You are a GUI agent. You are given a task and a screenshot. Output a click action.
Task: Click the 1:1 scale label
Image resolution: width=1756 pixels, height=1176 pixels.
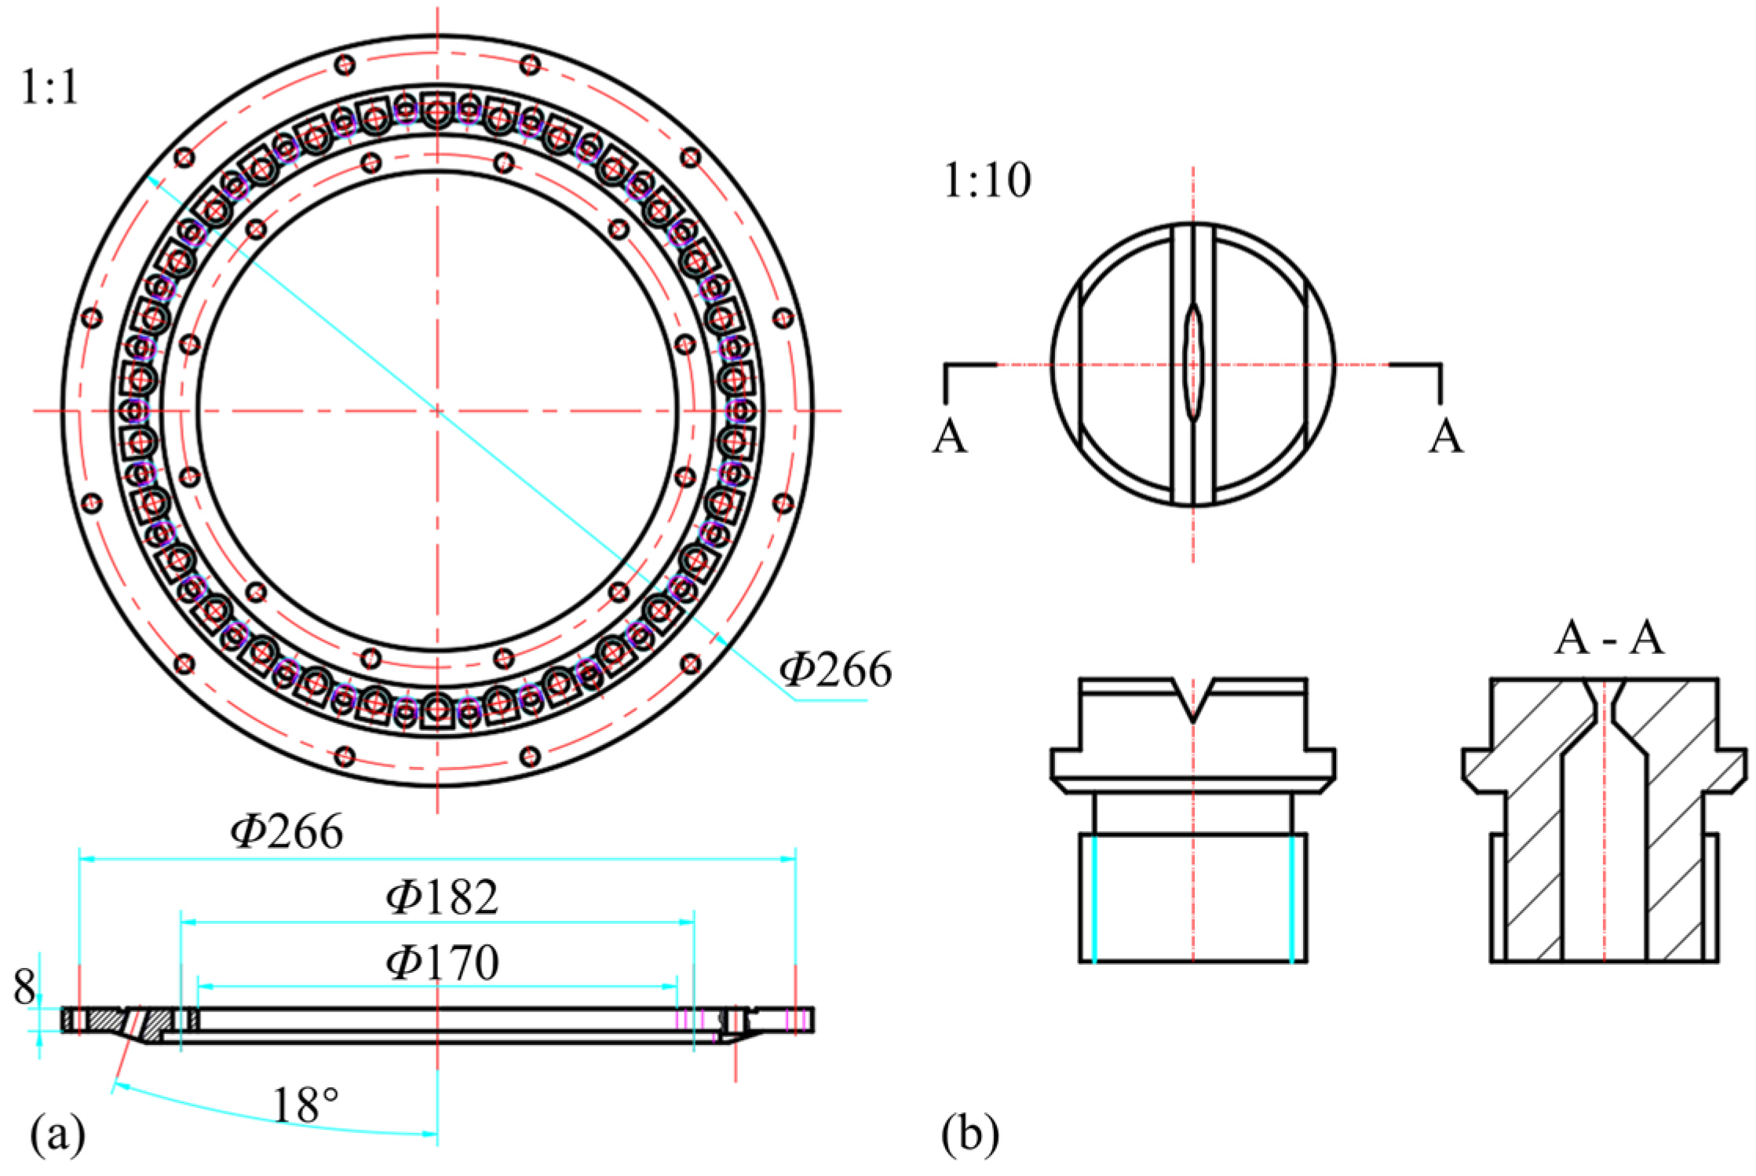coord(49,87)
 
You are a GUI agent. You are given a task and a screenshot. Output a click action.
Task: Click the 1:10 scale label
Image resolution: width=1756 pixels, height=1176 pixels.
coord(987,181)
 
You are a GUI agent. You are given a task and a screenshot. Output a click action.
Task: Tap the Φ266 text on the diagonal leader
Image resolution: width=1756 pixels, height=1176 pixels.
coord(836,670)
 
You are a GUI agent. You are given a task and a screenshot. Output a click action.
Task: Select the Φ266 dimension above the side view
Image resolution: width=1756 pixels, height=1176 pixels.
coord(287,831)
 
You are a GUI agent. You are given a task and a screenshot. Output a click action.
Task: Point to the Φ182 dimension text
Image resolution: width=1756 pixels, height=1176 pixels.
coord(443,897)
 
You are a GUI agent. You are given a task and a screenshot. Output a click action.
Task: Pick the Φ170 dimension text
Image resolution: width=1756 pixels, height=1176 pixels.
coord(443,962)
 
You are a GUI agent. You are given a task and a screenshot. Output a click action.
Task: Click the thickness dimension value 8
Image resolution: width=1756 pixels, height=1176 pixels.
coord(24,988)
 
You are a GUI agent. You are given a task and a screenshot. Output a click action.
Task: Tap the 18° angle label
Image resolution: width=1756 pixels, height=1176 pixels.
coord(305,1105)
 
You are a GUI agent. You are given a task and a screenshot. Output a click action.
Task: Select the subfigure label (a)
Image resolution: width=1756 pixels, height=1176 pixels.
coord(57,1134)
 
